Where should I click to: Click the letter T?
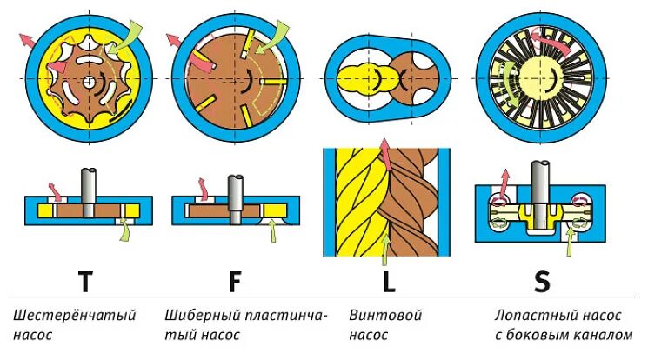pos(84,282)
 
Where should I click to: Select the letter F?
pos(236,282)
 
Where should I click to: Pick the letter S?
pos(541,282)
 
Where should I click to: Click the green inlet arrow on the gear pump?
pos(130,35)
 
